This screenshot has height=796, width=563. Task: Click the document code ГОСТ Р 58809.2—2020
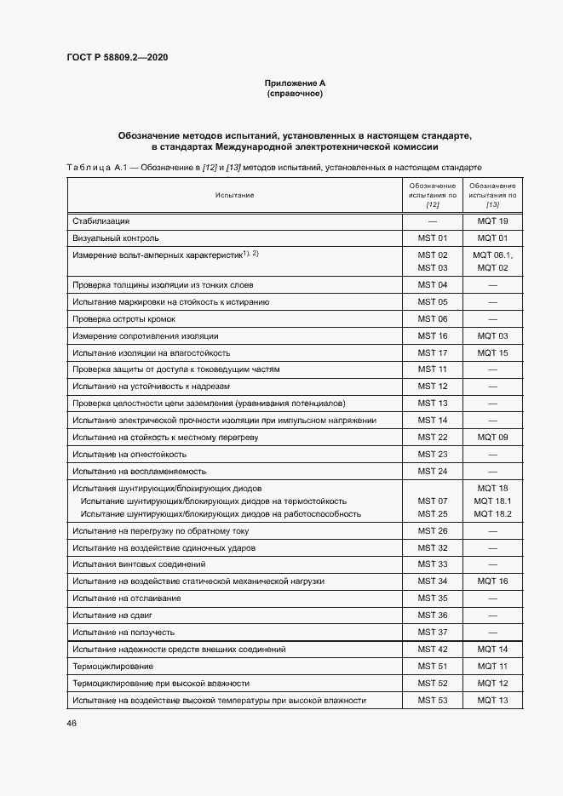click(x=117, y=58)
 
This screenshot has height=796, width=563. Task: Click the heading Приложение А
click(x=295, y=83)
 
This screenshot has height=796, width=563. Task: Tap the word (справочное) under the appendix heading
click(x=295, y=93)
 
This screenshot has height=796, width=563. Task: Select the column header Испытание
click(x=234, y=195)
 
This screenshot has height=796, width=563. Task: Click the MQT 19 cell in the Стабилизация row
click(x=492, y=221)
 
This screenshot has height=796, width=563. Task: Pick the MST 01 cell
click(x=432, y=238)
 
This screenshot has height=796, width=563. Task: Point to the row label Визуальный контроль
click(x=116, y=238)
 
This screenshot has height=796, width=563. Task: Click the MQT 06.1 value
click(x=492, y=255)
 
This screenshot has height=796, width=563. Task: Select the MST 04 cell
click(x=432, y=284)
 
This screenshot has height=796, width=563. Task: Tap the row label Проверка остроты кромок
click(x=124, y=318)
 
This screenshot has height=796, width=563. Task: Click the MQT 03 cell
click(x=492, y=335)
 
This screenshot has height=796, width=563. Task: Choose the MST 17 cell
click(x=432, y=352)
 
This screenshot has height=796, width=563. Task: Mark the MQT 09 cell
click(x=492, y=437)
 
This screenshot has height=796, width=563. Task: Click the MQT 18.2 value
click(x=492, y=513)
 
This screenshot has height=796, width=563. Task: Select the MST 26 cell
click(x=432, y=530)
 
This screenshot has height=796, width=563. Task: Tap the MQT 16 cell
click(x=492, y=581)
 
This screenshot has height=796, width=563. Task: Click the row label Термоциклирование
click(x=113, y=666)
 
